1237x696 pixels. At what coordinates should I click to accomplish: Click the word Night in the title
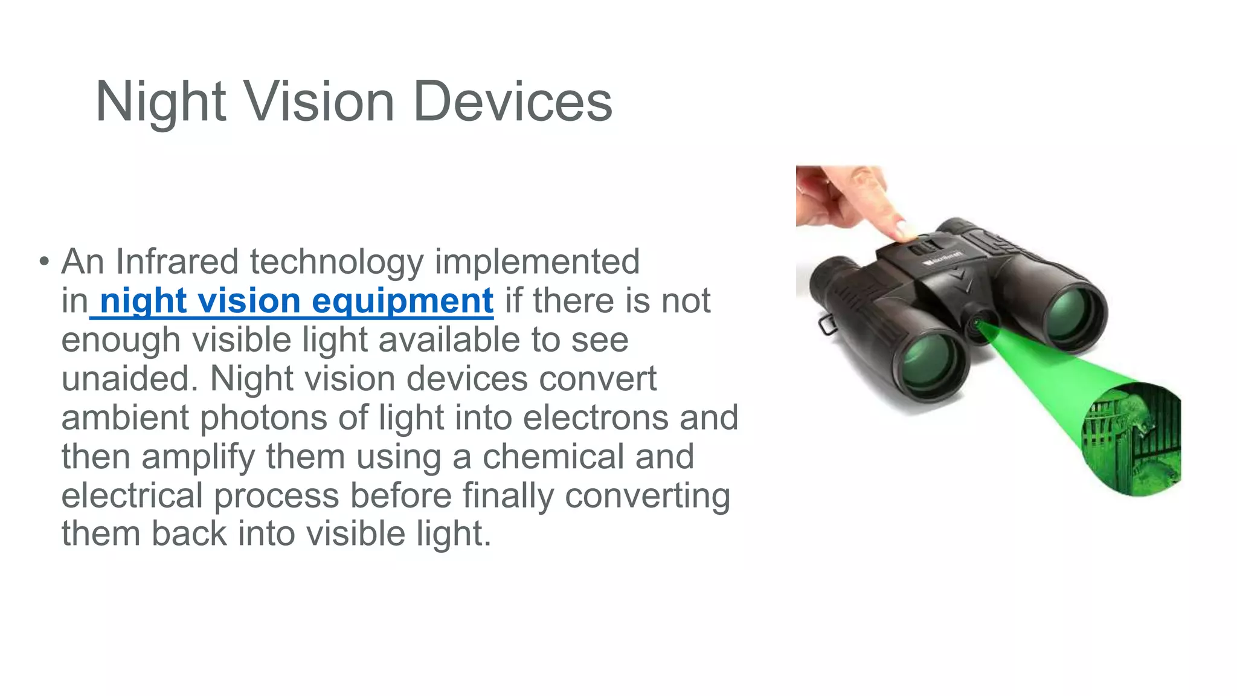click(x=161, y=101)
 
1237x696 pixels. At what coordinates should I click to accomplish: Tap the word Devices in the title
click(x=513, y=101)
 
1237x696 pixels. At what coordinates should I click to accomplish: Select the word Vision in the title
click(x=320, y=101)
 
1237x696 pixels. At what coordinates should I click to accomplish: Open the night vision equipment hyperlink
click(x=296, y=301)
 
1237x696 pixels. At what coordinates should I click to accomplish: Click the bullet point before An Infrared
click(x=43, y=262)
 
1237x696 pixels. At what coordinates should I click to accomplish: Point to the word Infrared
click(x=177, y=262)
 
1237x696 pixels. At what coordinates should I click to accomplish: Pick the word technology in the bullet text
click(x=337, y=262)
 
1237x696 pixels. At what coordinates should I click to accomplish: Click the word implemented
click(x=537, y=262)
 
